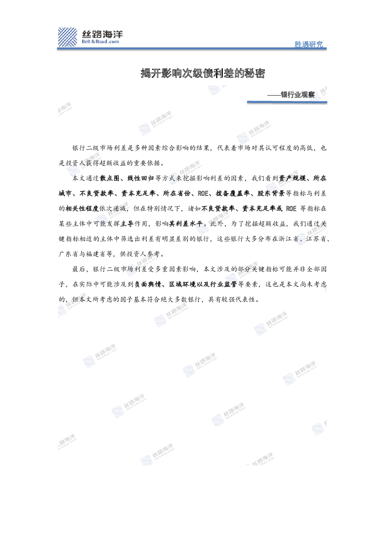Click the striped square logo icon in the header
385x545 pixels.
pos(68,37)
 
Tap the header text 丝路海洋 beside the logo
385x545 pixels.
pos(102,34)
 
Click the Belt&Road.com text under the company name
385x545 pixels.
pos(101,42)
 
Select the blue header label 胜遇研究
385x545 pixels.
pos(309,44)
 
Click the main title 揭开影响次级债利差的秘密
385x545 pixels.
pos(203,73)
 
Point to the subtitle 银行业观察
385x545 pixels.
pos(298,94)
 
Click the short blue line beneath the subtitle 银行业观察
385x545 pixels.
pos(287,102)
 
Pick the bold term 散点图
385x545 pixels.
pos(109,178)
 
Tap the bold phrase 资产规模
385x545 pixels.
pos(292,178)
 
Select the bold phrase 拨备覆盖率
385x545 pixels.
pos(233,193)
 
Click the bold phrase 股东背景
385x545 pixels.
pos(271,193)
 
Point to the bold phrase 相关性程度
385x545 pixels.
pos(82,209)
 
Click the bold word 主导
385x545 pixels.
pos(127,224)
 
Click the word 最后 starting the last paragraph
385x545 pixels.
pos(79,269)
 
